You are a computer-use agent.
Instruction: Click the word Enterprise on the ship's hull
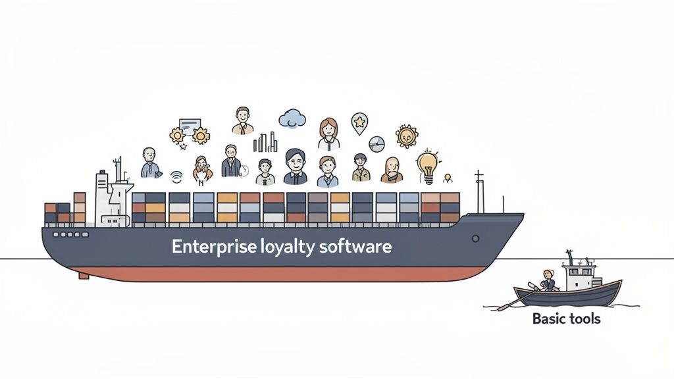pyautogui.click(x=212, y=247)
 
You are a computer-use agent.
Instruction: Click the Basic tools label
pyautogui.click(x=566, y=319)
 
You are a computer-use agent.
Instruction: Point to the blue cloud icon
pyautogui.click(x=292, y=118)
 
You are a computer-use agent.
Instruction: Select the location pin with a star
pyautogui.click(x=359, y=122)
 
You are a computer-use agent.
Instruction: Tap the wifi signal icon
pyautogui.click(x=176, y=176)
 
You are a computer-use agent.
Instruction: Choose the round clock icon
pyautogui.click(x=376, y=143)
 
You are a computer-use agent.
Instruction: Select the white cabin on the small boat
pyautogui.click(x=579, y=275)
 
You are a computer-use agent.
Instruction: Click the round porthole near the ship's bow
pyautogui.click(x=475, y=238)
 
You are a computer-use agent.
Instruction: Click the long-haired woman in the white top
pyautogui.click(x=328, y=134)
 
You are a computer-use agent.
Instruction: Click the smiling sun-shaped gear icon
pyautogui.click(x=407, y=136)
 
